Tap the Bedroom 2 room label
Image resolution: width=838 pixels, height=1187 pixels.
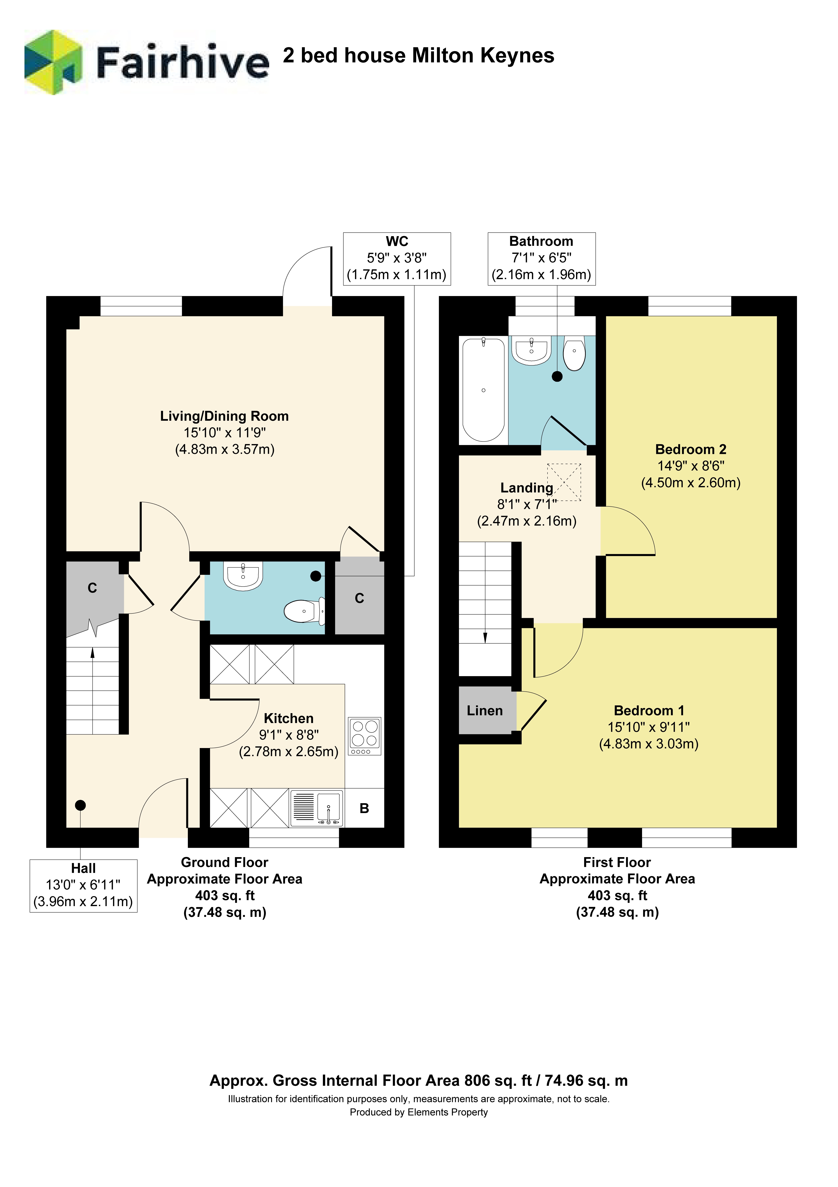coord(691,449)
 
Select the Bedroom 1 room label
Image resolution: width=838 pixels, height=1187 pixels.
coord(649,710)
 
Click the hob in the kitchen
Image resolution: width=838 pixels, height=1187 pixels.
coord(365,736)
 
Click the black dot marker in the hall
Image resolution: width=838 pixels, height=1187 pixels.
coord(80,805)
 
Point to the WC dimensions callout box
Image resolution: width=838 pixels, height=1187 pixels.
coord(397,259)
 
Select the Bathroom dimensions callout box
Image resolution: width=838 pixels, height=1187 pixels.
coord(542,259)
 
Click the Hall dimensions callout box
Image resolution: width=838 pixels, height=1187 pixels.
coord(83,886)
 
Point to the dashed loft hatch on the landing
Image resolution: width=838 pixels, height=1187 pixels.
coord(564,482)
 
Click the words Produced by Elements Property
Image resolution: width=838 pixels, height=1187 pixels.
coord(418,1112)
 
